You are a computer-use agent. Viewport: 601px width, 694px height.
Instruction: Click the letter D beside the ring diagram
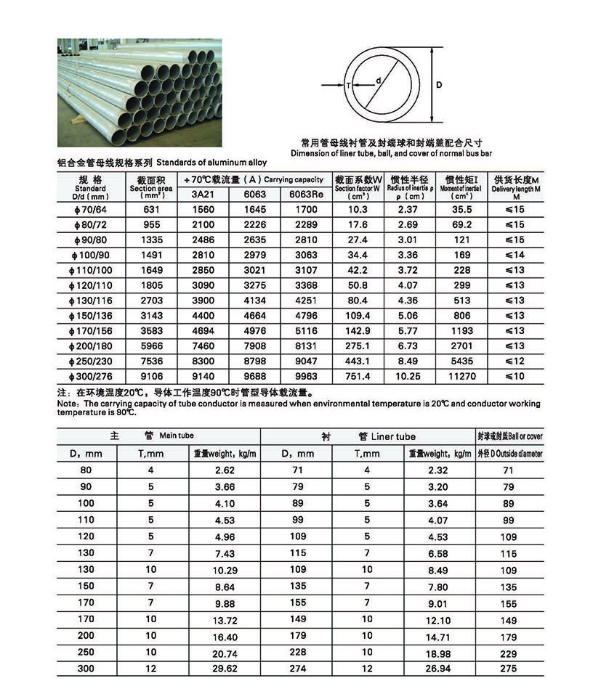click(x=439, y=85)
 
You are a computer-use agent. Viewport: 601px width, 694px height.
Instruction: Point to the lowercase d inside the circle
click(x=379, y=81)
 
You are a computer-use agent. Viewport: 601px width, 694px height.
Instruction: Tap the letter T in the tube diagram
click(x=350, y=85)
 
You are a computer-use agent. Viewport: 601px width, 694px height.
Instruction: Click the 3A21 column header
click(x=199, y=194)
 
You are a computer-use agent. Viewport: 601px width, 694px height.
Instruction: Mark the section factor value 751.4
click(x=358, y=376)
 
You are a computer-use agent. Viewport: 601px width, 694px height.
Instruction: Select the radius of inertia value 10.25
click(x=412, y=376)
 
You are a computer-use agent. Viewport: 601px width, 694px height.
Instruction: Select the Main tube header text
click(x=177, y=436)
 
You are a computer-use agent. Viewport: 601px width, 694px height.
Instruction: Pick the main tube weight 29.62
click(x=225, y=669)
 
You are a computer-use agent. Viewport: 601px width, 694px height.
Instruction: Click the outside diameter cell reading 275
click(x=509, y=669)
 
